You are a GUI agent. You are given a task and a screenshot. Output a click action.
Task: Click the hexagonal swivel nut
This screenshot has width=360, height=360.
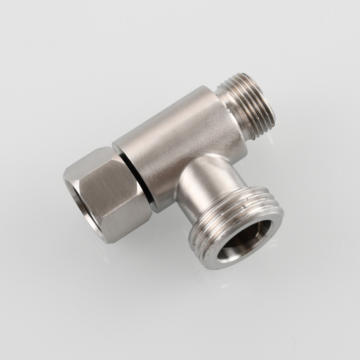point(108,194)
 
